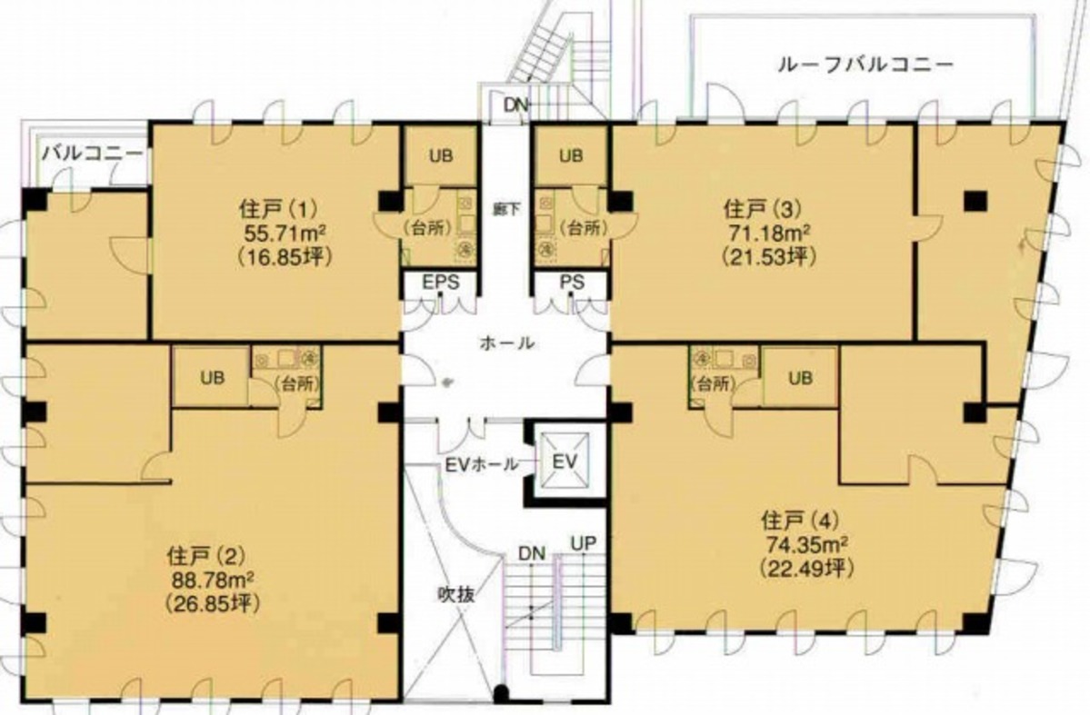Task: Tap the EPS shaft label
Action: pos(441,283)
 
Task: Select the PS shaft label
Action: pos(572,283)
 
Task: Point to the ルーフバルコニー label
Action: pos(865,65)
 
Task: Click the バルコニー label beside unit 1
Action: pos(93,154)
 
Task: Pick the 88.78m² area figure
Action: pos(211,580)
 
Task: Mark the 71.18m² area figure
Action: pos(768,232)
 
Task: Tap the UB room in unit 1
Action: pos(441,155)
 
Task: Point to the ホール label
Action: pos(506,343)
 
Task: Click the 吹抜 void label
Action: pos(456,594)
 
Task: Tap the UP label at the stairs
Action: pos(584,543)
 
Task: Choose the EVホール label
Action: pos(481,465)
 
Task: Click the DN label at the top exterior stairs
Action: pos(516,104)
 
